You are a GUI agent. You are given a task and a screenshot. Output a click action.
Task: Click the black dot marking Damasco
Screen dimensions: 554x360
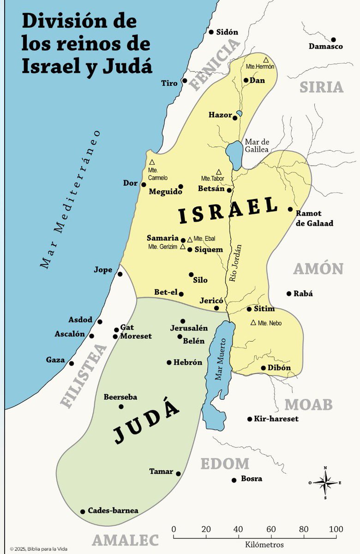click(x=333, y=40)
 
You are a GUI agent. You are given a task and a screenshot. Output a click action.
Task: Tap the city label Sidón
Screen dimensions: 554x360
click(x=227, y=32)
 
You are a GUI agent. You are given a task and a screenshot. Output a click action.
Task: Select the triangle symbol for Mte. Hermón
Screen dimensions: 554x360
click(x=266, y=60)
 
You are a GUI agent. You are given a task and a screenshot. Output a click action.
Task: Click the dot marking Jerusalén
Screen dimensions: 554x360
click(x=183, y=321)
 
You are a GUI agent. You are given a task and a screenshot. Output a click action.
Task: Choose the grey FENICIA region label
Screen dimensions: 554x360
click(x=216, y=64)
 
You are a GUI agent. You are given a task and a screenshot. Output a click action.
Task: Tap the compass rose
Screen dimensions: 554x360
click(x=325, y=482)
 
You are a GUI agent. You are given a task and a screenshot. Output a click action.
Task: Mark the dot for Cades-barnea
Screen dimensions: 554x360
click(x=83, y=511)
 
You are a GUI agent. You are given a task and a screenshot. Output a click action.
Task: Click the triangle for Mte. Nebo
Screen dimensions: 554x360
click(x=253, y=322)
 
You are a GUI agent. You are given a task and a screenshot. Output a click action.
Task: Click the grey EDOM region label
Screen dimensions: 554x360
click(x=225, y=464)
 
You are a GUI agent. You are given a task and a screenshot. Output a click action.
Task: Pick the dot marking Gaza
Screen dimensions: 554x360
click(x=72, y=363)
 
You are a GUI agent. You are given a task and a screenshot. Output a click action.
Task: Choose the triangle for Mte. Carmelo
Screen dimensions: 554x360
click(x=152, y=163)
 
